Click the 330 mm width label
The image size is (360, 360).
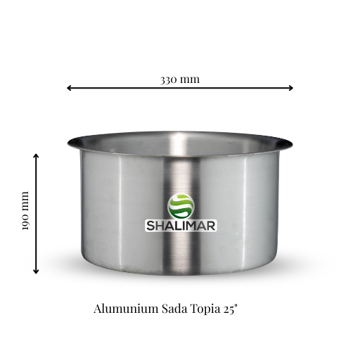click(180, 79)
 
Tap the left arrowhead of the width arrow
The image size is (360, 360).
click(69, 88)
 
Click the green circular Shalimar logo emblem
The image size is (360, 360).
click(181, 205)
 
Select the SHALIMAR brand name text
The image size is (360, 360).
click(181, 226)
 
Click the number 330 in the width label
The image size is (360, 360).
click(169, 79)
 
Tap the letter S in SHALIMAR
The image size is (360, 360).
click(150, 226)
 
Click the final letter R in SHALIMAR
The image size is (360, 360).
click(211, 226)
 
